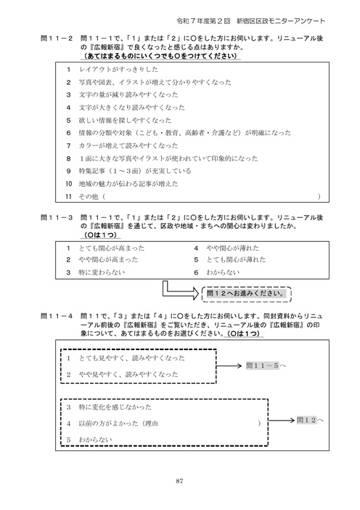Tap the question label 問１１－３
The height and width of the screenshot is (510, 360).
[x=57, y=217]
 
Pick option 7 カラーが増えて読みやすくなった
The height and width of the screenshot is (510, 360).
[x=121, y=145]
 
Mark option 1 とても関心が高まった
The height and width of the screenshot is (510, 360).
[x=106, y=247]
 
